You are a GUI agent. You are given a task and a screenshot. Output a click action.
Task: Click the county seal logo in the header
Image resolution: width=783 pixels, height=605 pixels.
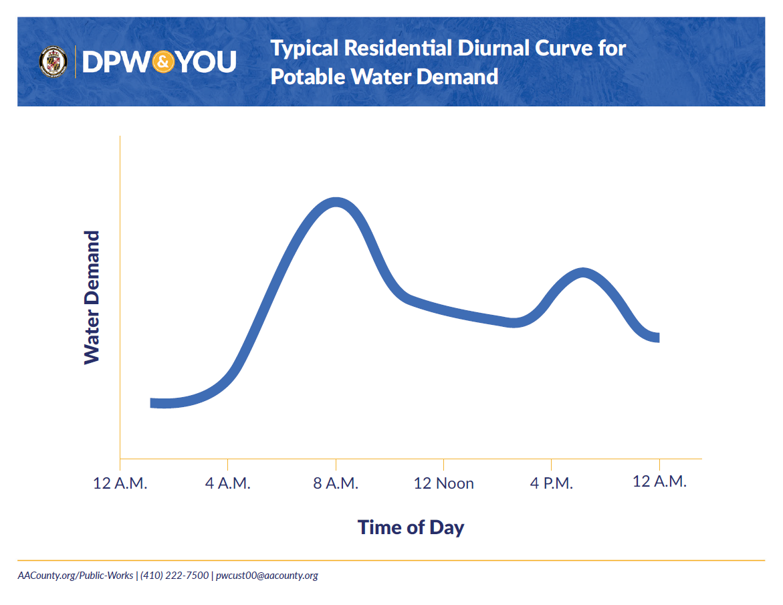click(53, 62)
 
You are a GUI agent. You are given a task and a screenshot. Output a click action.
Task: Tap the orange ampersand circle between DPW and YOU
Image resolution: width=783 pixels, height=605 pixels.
click(164, 62)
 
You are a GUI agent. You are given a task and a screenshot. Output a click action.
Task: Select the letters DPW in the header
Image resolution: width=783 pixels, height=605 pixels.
click(116, 62)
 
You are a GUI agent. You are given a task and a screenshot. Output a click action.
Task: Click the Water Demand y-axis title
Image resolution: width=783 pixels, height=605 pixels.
click(92, 297)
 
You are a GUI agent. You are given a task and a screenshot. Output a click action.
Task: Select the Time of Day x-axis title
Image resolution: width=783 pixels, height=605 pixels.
click(411, 527)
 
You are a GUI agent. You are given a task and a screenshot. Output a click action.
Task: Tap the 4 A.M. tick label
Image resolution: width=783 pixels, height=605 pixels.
click(228, 483)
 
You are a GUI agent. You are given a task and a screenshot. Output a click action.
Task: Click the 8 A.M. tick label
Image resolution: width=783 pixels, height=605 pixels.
click(336, 483)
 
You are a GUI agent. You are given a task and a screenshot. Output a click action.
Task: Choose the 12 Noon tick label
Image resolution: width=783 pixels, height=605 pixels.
click(443, 483)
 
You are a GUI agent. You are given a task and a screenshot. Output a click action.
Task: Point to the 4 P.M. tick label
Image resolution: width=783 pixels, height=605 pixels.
click(552, 483)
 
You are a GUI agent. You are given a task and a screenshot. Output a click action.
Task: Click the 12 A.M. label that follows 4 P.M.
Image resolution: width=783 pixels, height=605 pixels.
click(659, 481)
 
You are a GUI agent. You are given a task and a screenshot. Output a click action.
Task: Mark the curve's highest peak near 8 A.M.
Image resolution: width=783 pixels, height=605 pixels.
click(335, 203)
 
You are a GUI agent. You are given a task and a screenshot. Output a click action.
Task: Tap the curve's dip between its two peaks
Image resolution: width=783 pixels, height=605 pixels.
click(512, 322)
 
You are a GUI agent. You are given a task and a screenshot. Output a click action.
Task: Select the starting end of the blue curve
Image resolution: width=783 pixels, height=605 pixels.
click(154, 402)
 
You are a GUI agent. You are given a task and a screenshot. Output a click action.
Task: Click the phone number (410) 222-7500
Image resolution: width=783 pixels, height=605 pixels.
click(175, 576)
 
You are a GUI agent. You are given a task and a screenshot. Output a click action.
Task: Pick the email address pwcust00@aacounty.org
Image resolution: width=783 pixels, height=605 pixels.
click(267, 576)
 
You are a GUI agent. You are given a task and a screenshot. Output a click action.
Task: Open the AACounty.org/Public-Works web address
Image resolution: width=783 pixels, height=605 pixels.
click(75, 576)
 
